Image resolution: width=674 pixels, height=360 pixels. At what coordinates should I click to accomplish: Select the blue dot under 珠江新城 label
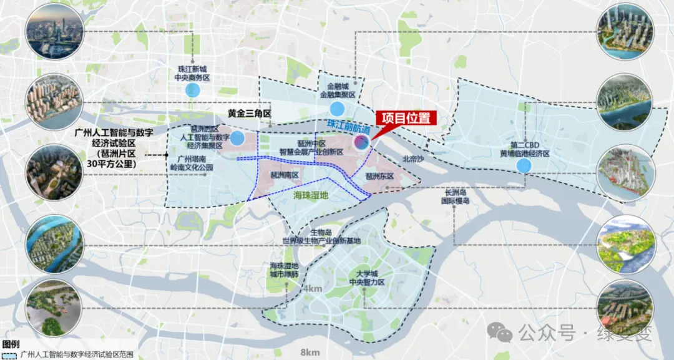click(193, 90)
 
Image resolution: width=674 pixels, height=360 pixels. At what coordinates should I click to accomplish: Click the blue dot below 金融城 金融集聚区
click(337, 107)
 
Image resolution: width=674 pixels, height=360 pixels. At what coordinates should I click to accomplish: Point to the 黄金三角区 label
click(250, 114)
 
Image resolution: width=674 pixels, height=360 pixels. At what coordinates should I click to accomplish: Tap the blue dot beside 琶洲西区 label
click(237, 139)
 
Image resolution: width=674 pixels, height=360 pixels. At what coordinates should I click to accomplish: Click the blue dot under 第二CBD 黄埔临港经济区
click(524, 165)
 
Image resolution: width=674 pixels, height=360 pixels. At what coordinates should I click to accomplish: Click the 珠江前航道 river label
click(348, 127)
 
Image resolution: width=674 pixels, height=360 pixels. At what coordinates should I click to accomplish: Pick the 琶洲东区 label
click(380, 177)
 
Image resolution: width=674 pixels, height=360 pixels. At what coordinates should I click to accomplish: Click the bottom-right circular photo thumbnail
click(625, 306)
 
